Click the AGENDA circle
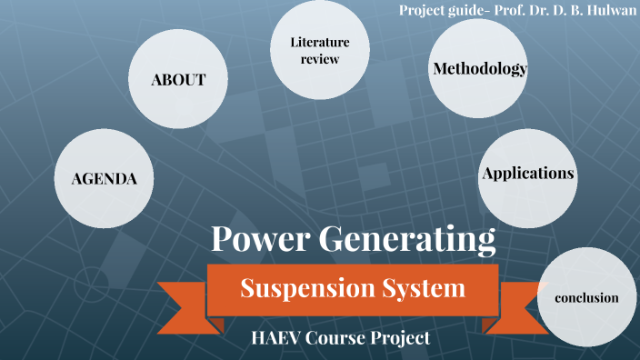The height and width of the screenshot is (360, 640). click(x=104, y=178)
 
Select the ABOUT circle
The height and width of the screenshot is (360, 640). click(x=178, y=80)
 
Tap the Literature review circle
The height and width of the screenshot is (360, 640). click(x=319, y=51)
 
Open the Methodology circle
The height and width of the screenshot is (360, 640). click(x=480, y=69)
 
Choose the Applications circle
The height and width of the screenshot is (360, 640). click(x=528, y=173)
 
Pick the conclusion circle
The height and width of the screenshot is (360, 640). click(x=586, y=297)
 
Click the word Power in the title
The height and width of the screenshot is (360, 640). click(x=260, y=239)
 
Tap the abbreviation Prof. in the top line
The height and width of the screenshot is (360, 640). click(x=514, y=9)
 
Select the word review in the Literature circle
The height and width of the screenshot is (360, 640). click(x=319, y=60)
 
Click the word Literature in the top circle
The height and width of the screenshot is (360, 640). click(x=319, y=42)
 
